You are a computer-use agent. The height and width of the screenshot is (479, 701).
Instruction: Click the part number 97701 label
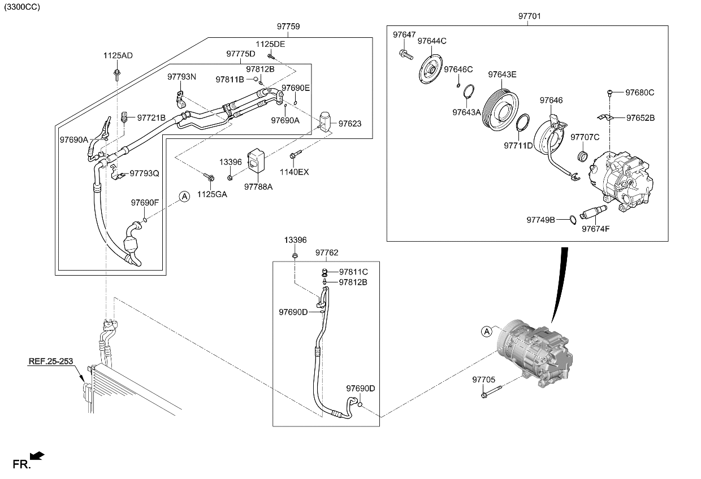click(529, 16)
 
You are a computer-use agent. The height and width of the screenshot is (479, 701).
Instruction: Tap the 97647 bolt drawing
click(404, 54)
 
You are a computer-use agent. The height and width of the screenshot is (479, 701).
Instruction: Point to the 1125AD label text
click(118, 56)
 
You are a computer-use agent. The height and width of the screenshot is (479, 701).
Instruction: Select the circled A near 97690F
click(184, 197)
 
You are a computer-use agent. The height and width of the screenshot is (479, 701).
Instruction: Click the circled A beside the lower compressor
click(486, 332)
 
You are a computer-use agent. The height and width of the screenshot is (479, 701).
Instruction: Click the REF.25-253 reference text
click(51, 361)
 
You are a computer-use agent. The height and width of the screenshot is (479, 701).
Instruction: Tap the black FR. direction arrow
click(37, 456)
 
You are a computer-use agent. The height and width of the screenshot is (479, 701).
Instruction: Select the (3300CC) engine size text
click(22, 7)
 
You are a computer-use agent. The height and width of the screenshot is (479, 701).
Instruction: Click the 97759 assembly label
click(288, 27)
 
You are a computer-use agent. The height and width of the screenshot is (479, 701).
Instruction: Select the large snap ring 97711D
click(523, 122)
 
